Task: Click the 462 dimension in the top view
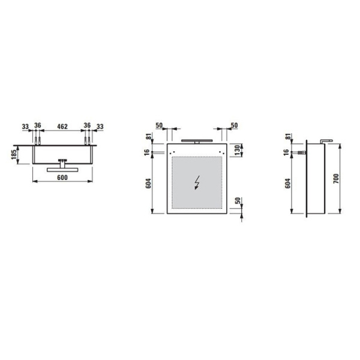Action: pyautogui.click(x=62, y=127)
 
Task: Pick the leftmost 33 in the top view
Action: pyautogui.click(x=25, y=127)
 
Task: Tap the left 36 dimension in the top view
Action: pyautogui.click(x=37, y=127)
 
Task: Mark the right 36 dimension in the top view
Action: pyautogui.click(x=88, y=127)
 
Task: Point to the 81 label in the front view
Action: pyautogui.click(x=148, y=138)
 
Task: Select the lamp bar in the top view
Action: pyautogui.click(x=62, y=169)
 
